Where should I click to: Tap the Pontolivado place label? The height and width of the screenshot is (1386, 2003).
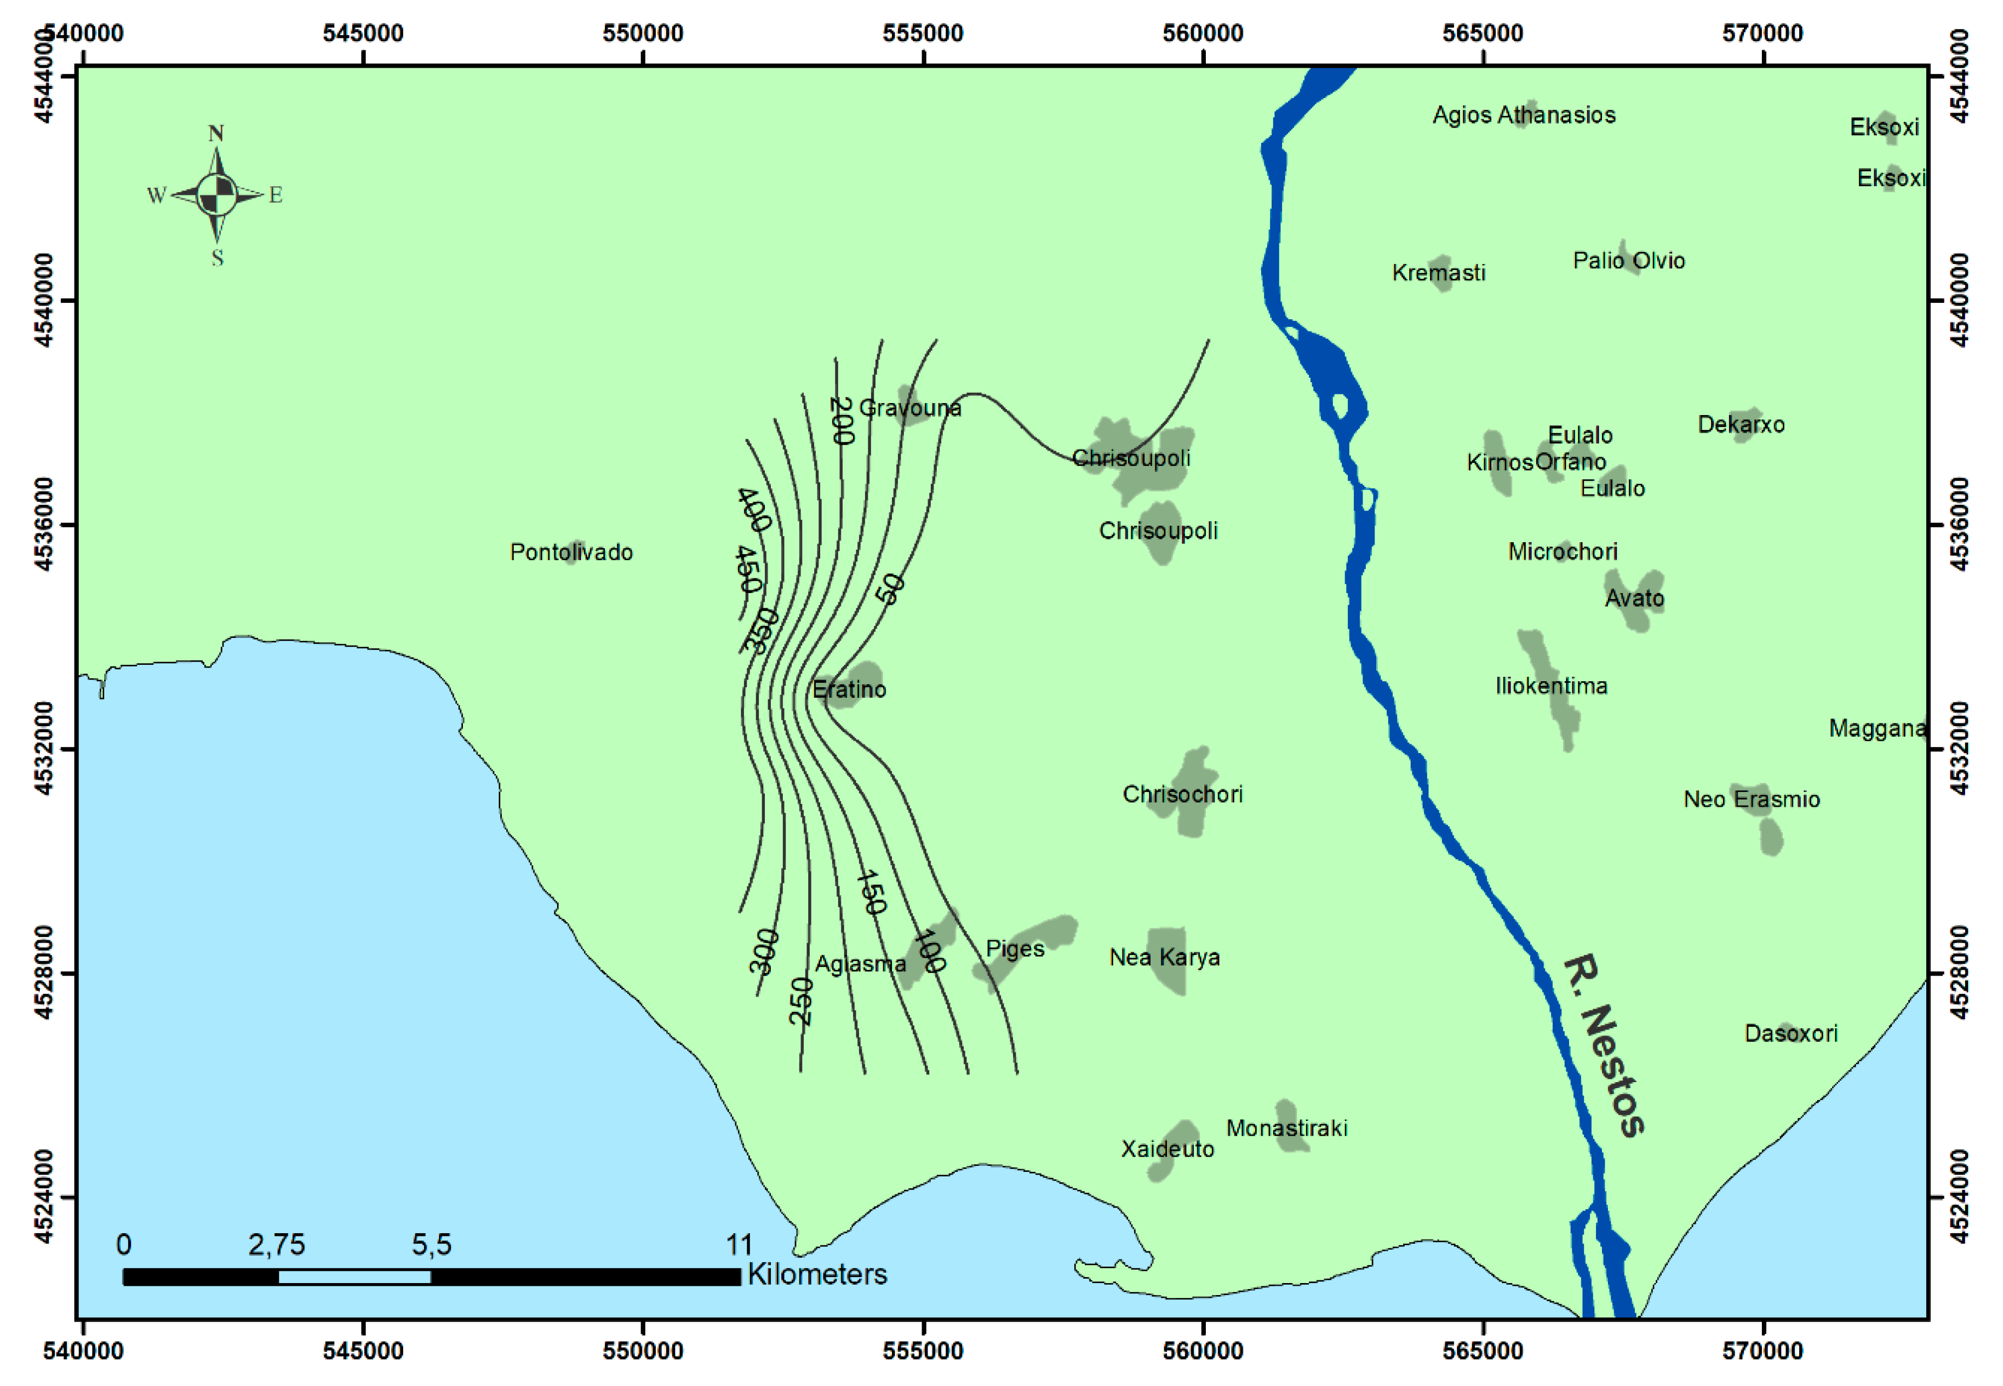click(x=571, y=553)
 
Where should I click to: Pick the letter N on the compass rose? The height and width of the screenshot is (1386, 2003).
click(x=216, y=134)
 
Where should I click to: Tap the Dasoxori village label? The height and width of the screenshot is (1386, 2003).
click(x=1790, y=1033)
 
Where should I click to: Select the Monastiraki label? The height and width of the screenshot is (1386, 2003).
click(x=1286, y=1128)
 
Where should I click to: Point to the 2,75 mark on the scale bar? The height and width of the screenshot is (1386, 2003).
click(x=276, y=1245)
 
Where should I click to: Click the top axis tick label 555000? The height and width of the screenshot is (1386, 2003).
click(x=923, y=33)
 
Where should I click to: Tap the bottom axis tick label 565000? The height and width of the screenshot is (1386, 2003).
click(x=1482, y=1352)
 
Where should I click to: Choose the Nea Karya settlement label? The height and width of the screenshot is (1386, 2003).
click(x=1164, y=957)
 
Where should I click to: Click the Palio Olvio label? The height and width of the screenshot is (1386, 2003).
click(x=1629, y=261)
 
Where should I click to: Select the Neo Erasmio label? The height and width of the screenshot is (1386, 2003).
click(x=1751, y=799)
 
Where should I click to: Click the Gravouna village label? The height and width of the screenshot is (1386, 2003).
click(x=909, y=408)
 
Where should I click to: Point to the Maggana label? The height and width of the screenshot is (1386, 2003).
click(x=1877, y=728)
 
